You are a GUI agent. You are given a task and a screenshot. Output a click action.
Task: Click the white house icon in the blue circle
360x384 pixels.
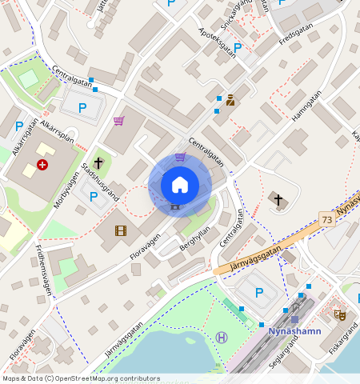[x=180, y=186]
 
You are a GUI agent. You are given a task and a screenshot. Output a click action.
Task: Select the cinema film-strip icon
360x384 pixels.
[x=120, y=231]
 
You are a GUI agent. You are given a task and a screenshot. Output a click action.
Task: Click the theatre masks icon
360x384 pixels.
[x=340, y=315]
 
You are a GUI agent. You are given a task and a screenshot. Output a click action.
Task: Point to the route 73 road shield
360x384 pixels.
[x=326, y=219]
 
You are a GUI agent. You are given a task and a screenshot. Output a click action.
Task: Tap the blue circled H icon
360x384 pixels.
[x=222, y=338]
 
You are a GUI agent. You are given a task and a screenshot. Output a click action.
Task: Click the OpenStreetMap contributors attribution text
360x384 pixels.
[x=81, y=378]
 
